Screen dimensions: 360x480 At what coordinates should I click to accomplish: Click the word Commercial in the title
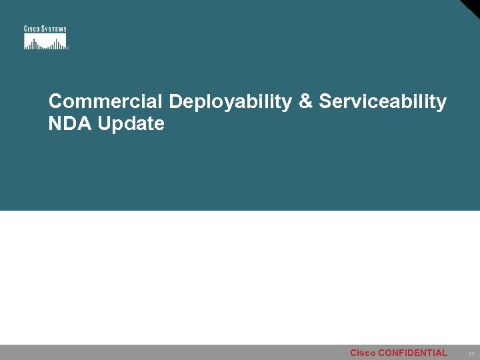[x=105, y=101]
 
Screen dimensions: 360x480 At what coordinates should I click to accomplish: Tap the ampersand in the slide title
[x=305, y=101]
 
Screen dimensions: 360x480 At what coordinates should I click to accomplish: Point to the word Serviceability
[x=383, y=102]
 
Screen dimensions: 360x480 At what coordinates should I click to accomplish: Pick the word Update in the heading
[x=131, y=124]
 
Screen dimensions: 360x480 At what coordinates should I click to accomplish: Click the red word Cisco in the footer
[x=363, y=353]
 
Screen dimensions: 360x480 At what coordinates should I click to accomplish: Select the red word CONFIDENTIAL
[x=413, y=353]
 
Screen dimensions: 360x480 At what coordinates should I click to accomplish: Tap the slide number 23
[x=471, y=353]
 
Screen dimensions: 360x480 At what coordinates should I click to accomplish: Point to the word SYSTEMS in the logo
[x=54, y=29]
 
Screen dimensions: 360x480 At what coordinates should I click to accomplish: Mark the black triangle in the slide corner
[x=472, y=7]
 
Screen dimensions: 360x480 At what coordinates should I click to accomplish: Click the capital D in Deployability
[x=175, y=101]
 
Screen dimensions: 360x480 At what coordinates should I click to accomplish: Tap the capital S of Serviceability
[x=325, y=101]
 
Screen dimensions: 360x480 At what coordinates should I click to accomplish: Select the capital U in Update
[x=104, y=123]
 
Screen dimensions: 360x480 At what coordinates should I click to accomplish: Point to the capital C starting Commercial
[x=55, y=101]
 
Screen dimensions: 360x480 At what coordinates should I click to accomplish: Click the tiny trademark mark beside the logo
[x=68, y=48]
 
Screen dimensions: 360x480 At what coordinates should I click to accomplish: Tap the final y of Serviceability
[x=441, y=104]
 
